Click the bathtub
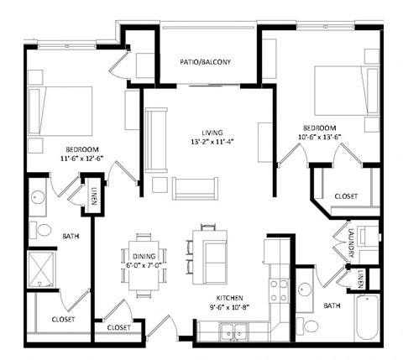pyautogui.click(x=372, y=316)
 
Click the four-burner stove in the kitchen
pyautogui.click(x=278, y=290)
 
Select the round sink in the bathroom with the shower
pyautogui.click(x=39, y=198)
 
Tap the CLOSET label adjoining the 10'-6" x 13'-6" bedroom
pyautogui.click(x=345, y=196)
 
